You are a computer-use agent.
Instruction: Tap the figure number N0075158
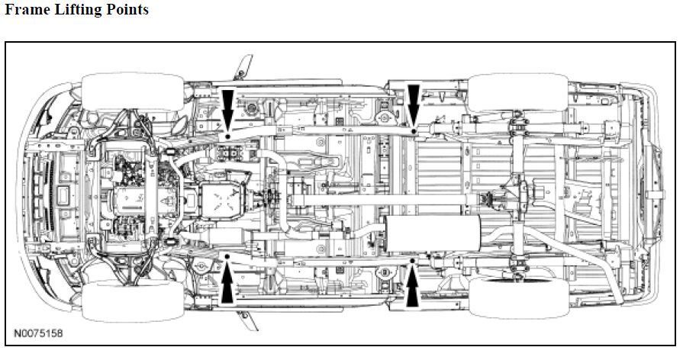click(x=38, y=334)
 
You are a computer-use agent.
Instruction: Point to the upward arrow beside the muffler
click(x=413, y=287)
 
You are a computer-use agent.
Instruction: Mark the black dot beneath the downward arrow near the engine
click(x=227, y=135)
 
